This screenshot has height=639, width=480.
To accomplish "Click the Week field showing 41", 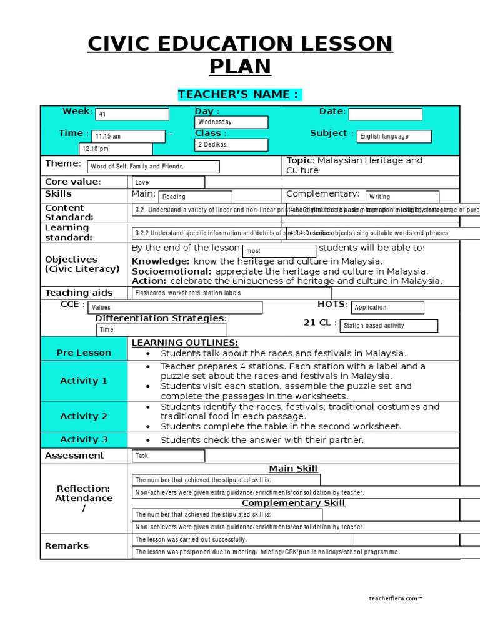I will [x=132, y=114].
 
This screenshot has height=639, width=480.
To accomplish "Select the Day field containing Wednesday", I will [x=232, y=122].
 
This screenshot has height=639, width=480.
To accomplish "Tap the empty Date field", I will [x=385, y=114].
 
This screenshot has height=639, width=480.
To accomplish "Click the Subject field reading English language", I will [x=394, y=137].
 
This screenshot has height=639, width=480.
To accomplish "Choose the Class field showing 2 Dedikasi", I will [x=232, y=145].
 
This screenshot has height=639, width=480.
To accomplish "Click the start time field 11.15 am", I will [x=128, y=137].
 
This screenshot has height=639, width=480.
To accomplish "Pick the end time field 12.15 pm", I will [x=115, y=149].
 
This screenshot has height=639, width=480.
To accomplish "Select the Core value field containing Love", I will [x=168, y=182].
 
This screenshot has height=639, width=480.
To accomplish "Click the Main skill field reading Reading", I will [x=195, y=197].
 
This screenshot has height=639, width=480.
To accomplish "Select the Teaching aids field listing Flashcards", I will [x=231, y=293].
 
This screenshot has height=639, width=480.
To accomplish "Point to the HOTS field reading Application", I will [x=387, y=308].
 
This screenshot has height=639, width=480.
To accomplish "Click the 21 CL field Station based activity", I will [x=389, y=326].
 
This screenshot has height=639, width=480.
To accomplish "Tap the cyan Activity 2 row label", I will [x=84, y=416].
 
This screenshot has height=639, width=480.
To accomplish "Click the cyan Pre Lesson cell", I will [x=84, y=353].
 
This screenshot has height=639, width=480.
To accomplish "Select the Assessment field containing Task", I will [x=168, y=456].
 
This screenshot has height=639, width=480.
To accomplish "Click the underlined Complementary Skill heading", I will [x=293, y=503].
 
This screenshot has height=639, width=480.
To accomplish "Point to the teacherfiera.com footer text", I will [x=395, y=598].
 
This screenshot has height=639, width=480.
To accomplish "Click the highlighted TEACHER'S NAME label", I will [x=240, y=94].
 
